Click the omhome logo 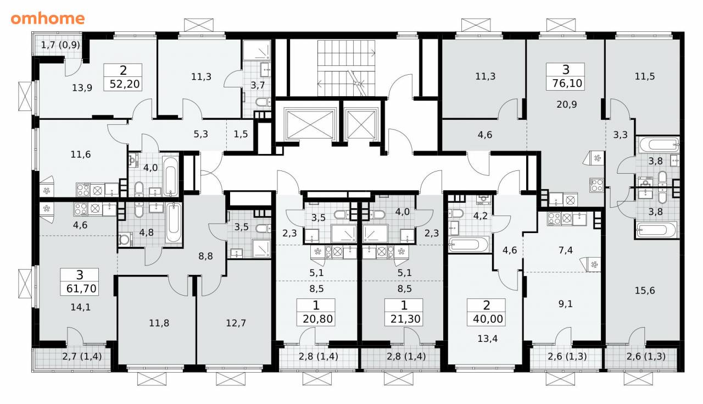click(48, 19)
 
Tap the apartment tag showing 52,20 click(122, 78)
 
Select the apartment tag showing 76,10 click(565, 76)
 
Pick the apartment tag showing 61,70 click(80, 282)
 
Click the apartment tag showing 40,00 click(486, 312)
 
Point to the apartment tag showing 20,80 click(316, 312)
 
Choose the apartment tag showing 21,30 click(404, 312)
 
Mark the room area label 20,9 click(567, 104)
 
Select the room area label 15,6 click(645, 291)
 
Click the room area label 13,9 click(82, 88)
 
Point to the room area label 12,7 click(236, 323)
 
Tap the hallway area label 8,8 click(205, 256)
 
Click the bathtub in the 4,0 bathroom click(170, 176)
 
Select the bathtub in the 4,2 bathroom click(468, 245)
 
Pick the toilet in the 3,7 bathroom click(263, 102)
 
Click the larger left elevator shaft click(310, 124)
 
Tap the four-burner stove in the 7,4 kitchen click(555, 219)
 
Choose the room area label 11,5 click(645, 76)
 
